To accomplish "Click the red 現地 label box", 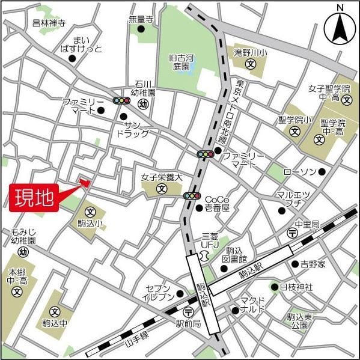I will click(35, 197).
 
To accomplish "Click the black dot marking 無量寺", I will click(141, 28).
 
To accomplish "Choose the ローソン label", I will click(299, 172).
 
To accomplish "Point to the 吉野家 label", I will click(313, 264).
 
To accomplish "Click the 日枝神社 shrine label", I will click(296, 287).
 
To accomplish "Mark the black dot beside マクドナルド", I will click(235, 310).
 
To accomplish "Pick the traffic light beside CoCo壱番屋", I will click(192, 195).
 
